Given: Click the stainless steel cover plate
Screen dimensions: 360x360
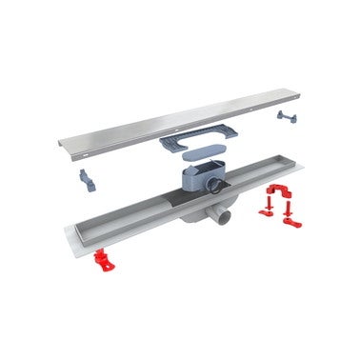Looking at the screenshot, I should (x=181, y=120).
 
